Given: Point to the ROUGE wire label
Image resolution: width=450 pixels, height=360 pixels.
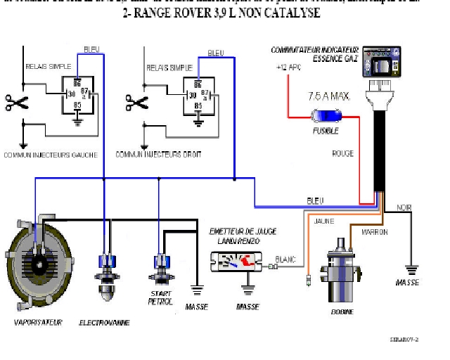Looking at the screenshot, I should (x=343, y=153).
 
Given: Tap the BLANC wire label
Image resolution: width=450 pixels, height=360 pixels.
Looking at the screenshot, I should (x=286, y=258).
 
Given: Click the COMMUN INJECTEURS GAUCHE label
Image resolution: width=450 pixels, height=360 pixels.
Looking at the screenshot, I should (x=50, y=154).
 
